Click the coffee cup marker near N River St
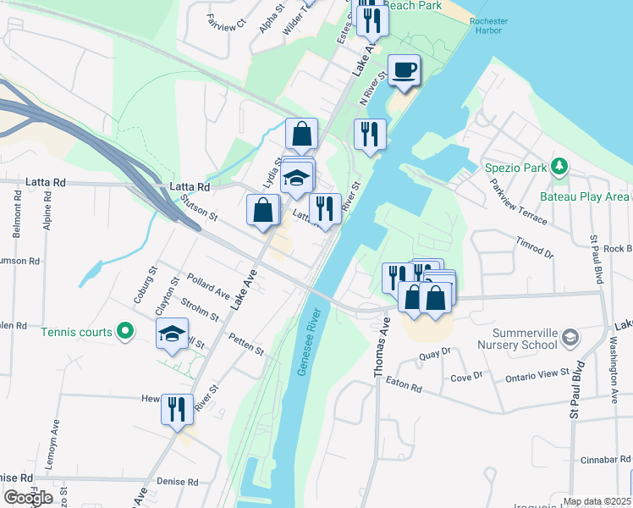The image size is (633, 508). (404, 69)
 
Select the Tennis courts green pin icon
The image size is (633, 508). (126, 331)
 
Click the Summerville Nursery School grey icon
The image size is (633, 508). (570, 338)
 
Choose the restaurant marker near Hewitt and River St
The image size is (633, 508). (177, 410)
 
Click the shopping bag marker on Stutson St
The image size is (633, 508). (262, 210)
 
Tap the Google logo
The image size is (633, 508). (28, 497)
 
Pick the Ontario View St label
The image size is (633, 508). (537, 373)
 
